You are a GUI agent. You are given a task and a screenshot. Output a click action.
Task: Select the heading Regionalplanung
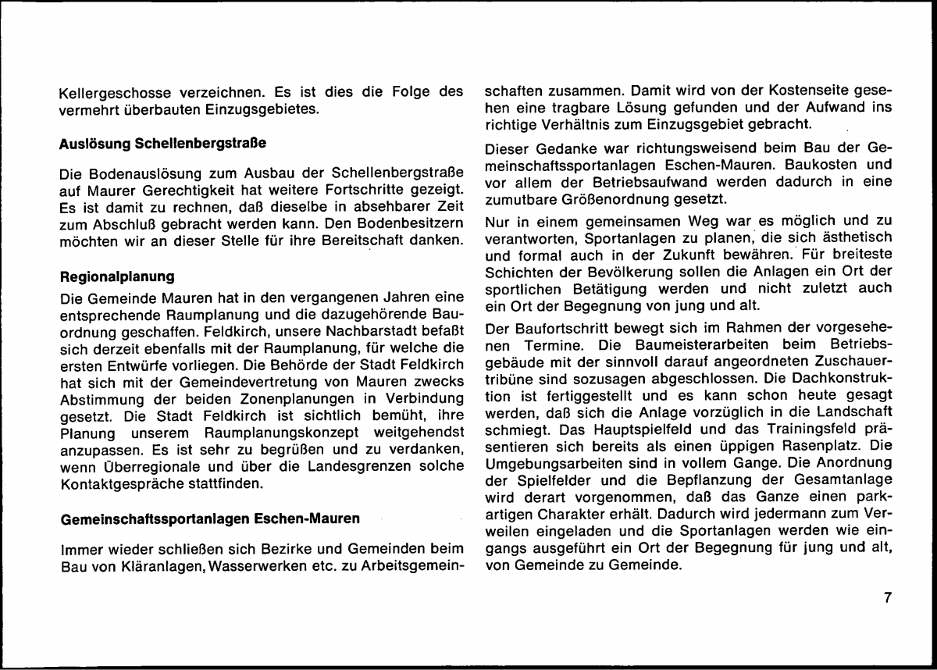click(116, 276)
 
